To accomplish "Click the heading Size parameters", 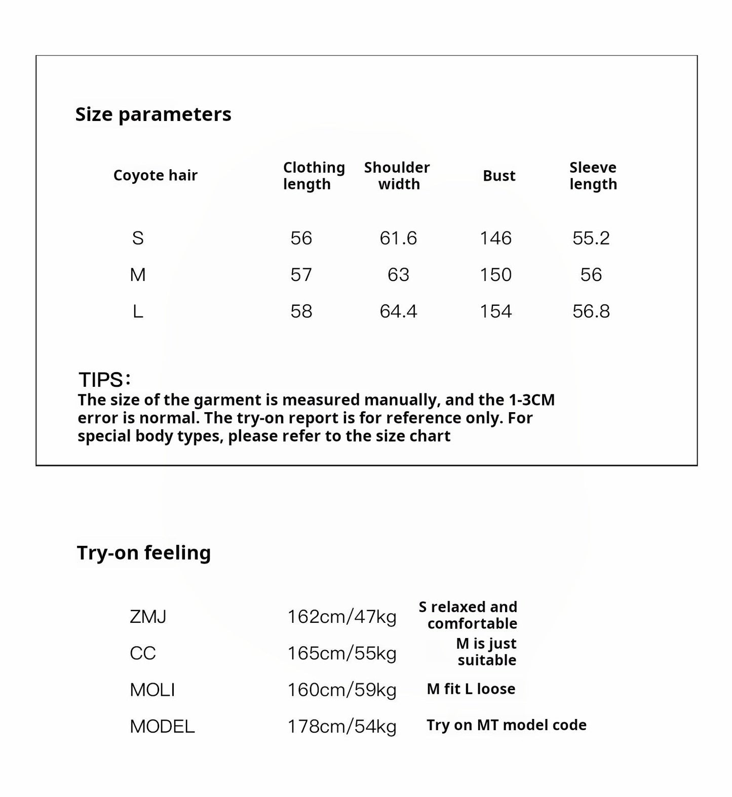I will tap(153, 114).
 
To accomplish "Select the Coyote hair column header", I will tap(155, 175).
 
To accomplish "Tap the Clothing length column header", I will tap(314, 175).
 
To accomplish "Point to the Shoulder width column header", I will tap(397, 175).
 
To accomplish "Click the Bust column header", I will tap(498, 176).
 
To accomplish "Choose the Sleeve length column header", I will tap(593, 175).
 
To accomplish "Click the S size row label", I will tap(138, 238).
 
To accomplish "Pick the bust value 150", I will tap(495, 274).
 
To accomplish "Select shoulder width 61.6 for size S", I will tap(398, 238).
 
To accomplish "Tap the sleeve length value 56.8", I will tap(591, 311).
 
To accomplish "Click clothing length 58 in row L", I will tap(301, 311).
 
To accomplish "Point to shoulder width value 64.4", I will tap(398, 311).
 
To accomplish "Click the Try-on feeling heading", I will tap(144, 552).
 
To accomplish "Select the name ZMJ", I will tap(148, 617).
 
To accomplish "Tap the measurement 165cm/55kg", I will tap(342, 653).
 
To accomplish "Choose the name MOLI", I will tap(152, 690).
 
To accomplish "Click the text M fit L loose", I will tap(471, 689).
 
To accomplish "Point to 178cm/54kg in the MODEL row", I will tap(342, 726).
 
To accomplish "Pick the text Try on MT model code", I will tap(506, 725).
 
